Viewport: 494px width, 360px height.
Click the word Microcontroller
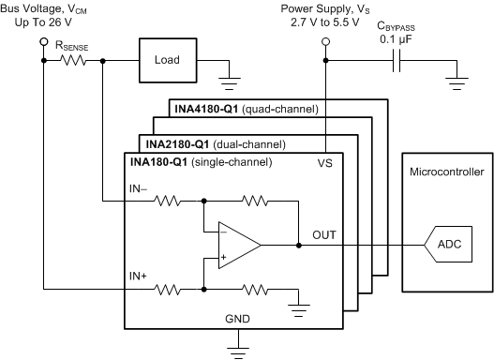(445, 172)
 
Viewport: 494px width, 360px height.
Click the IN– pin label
(139, 188)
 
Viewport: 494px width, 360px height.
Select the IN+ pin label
(139, 278)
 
